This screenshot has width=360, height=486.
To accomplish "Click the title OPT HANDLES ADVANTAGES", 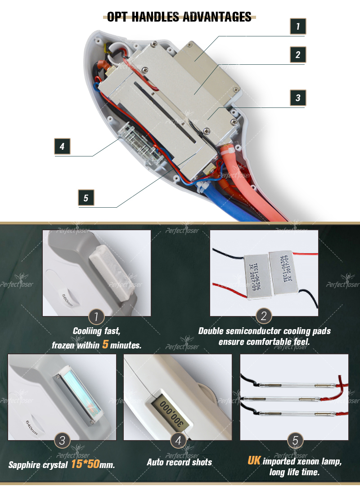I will (x=180, y=17).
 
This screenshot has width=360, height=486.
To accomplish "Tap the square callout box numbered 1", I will (x=297, y=27).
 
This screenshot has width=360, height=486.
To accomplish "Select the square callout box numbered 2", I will (x=297, y=55).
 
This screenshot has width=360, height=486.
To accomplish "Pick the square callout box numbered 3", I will (x=297, y=98).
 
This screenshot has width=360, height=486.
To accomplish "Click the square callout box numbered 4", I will (x=62, y=146).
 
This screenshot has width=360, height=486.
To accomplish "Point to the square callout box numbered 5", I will (x=86, y=198).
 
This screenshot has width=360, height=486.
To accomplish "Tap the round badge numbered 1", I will (x=96, y=317).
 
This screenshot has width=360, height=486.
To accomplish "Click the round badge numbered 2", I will (x=264, y=317).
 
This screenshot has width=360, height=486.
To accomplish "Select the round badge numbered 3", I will (x=62, y=441).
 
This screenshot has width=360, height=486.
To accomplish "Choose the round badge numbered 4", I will (x=178, y=441).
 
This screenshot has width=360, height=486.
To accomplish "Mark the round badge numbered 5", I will (x=295, y=441).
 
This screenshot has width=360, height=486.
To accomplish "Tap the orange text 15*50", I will (x=85, y=464).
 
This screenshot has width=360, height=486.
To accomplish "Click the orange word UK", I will (x=254, y=461).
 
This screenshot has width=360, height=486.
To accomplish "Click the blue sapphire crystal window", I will (x=76, y=396).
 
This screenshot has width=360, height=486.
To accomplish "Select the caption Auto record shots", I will (x=179, y=462).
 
